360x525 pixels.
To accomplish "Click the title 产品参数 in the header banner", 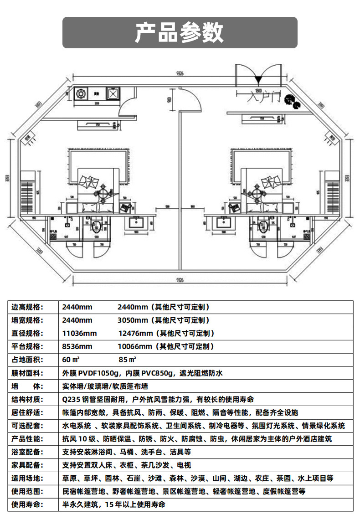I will [x=180, y=32].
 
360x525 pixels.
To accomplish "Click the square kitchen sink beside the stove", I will [x=113, y=94].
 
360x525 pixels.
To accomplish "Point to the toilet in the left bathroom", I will [x=97, y=227].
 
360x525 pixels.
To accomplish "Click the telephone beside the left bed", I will [x=124, y=206].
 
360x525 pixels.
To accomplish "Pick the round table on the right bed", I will [x=257, y=193].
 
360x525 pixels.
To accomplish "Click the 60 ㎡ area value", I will [x=71, y=360].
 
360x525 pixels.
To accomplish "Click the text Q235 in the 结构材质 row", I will [x=71, y=400].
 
